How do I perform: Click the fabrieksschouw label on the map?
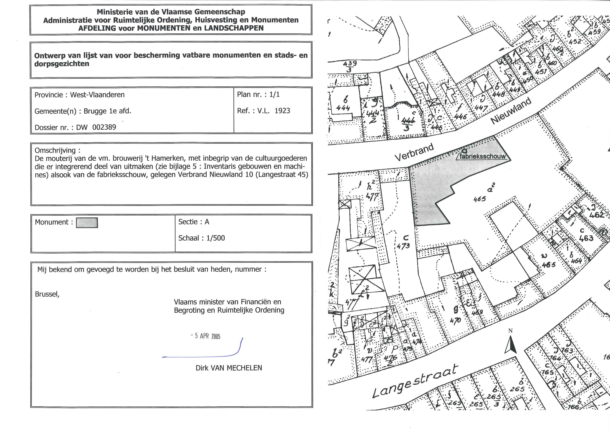pyautogui.click(x=482, y=156)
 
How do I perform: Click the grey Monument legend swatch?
pyautogui.click(x=87, y=223)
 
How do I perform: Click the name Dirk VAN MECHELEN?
pyautogui.click(x=229, y=368)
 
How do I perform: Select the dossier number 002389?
pyautogui.click(x=104, y=127)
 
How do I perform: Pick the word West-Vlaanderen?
pyautogui.click(x=97, y=95)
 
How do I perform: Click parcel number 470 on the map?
pyautogui.click(x=455, y=321)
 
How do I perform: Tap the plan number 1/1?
pyautogui.click(x=274, y=95)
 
